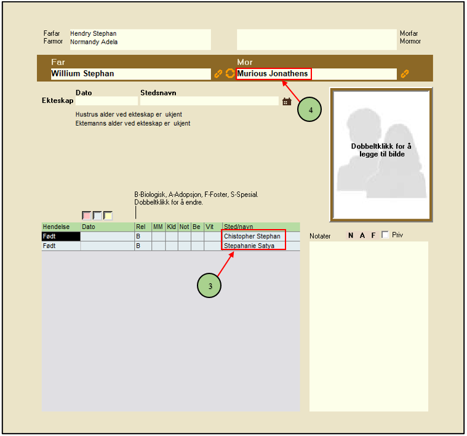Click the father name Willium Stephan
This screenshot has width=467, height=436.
82,74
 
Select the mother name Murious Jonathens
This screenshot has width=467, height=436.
273,74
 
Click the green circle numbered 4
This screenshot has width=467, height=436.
309,110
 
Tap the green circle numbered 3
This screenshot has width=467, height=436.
209,286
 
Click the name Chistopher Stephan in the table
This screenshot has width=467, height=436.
252,236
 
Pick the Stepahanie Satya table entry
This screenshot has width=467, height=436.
249,246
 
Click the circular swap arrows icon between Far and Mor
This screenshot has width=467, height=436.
230,73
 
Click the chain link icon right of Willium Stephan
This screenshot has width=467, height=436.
218,74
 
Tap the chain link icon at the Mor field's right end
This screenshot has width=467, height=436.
404,74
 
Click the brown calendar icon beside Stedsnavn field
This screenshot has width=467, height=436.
287,102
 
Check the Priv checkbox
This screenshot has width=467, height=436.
385,235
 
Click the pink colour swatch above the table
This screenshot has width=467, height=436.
86,216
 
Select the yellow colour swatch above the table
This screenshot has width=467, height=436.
108,216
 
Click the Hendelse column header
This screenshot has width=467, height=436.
56,227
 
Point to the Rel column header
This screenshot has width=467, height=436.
140,227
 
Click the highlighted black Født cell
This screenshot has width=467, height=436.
61,236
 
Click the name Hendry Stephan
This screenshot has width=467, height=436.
94,33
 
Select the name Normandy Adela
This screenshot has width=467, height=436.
94,42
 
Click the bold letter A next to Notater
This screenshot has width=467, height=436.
362,235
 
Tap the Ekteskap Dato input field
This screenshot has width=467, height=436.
106,101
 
